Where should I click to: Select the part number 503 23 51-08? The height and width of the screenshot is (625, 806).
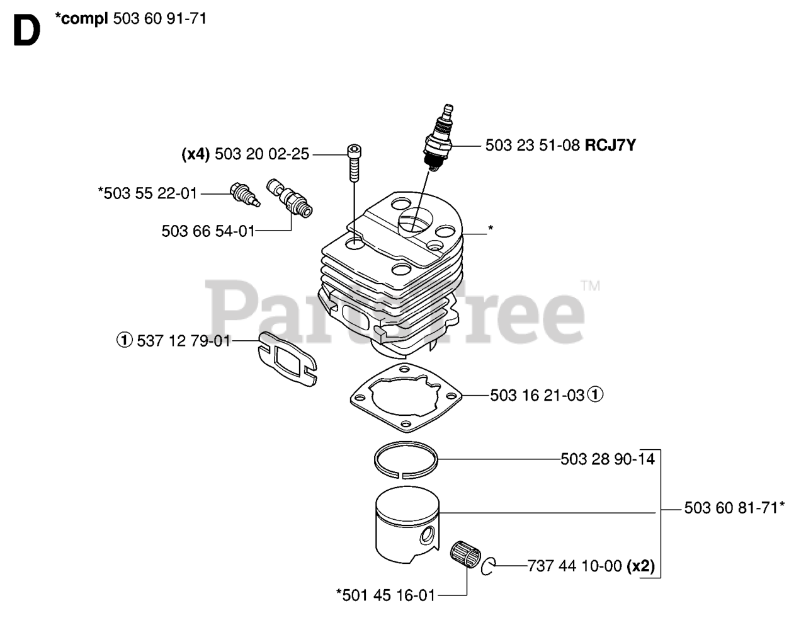click(532, 146)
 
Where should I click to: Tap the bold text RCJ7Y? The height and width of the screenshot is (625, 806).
click(610, 146)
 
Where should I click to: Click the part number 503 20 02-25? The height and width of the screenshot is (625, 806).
click(262, 154)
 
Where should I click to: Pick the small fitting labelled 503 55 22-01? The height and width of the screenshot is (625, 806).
click(244, 193)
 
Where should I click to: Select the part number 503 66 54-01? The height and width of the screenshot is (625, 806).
click(208, 231)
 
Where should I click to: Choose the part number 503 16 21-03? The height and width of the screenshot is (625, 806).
click(537, 395)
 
